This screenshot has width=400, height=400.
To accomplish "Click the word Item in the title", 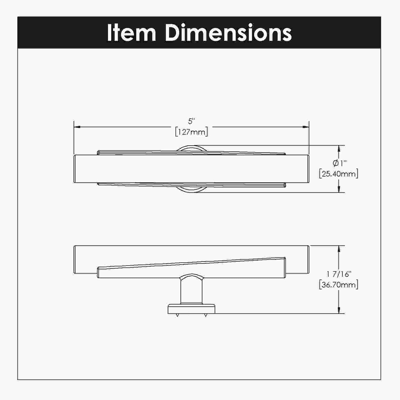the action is [131, 33].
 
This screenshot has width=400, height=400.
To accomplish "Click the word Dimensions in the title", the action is [229, 33].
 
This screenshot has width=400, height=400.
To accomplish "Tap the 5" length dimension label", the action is [191, 121].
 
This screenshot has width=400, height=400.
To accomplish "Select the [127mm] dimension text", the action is [191, 132].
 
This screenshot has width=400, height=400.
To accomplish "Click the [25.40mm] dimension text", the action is [339, 174].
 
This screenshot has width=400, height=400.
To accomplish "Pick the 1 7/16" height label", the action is [339, 274].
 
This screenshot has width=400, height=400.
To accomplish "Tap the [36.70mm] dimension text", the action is [339, 285].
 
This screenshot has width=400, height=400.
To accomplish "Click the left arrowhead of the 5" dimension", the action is [77, 127].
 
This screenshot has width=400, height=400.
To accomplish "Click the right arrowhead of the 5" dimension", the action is [306, 127].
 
